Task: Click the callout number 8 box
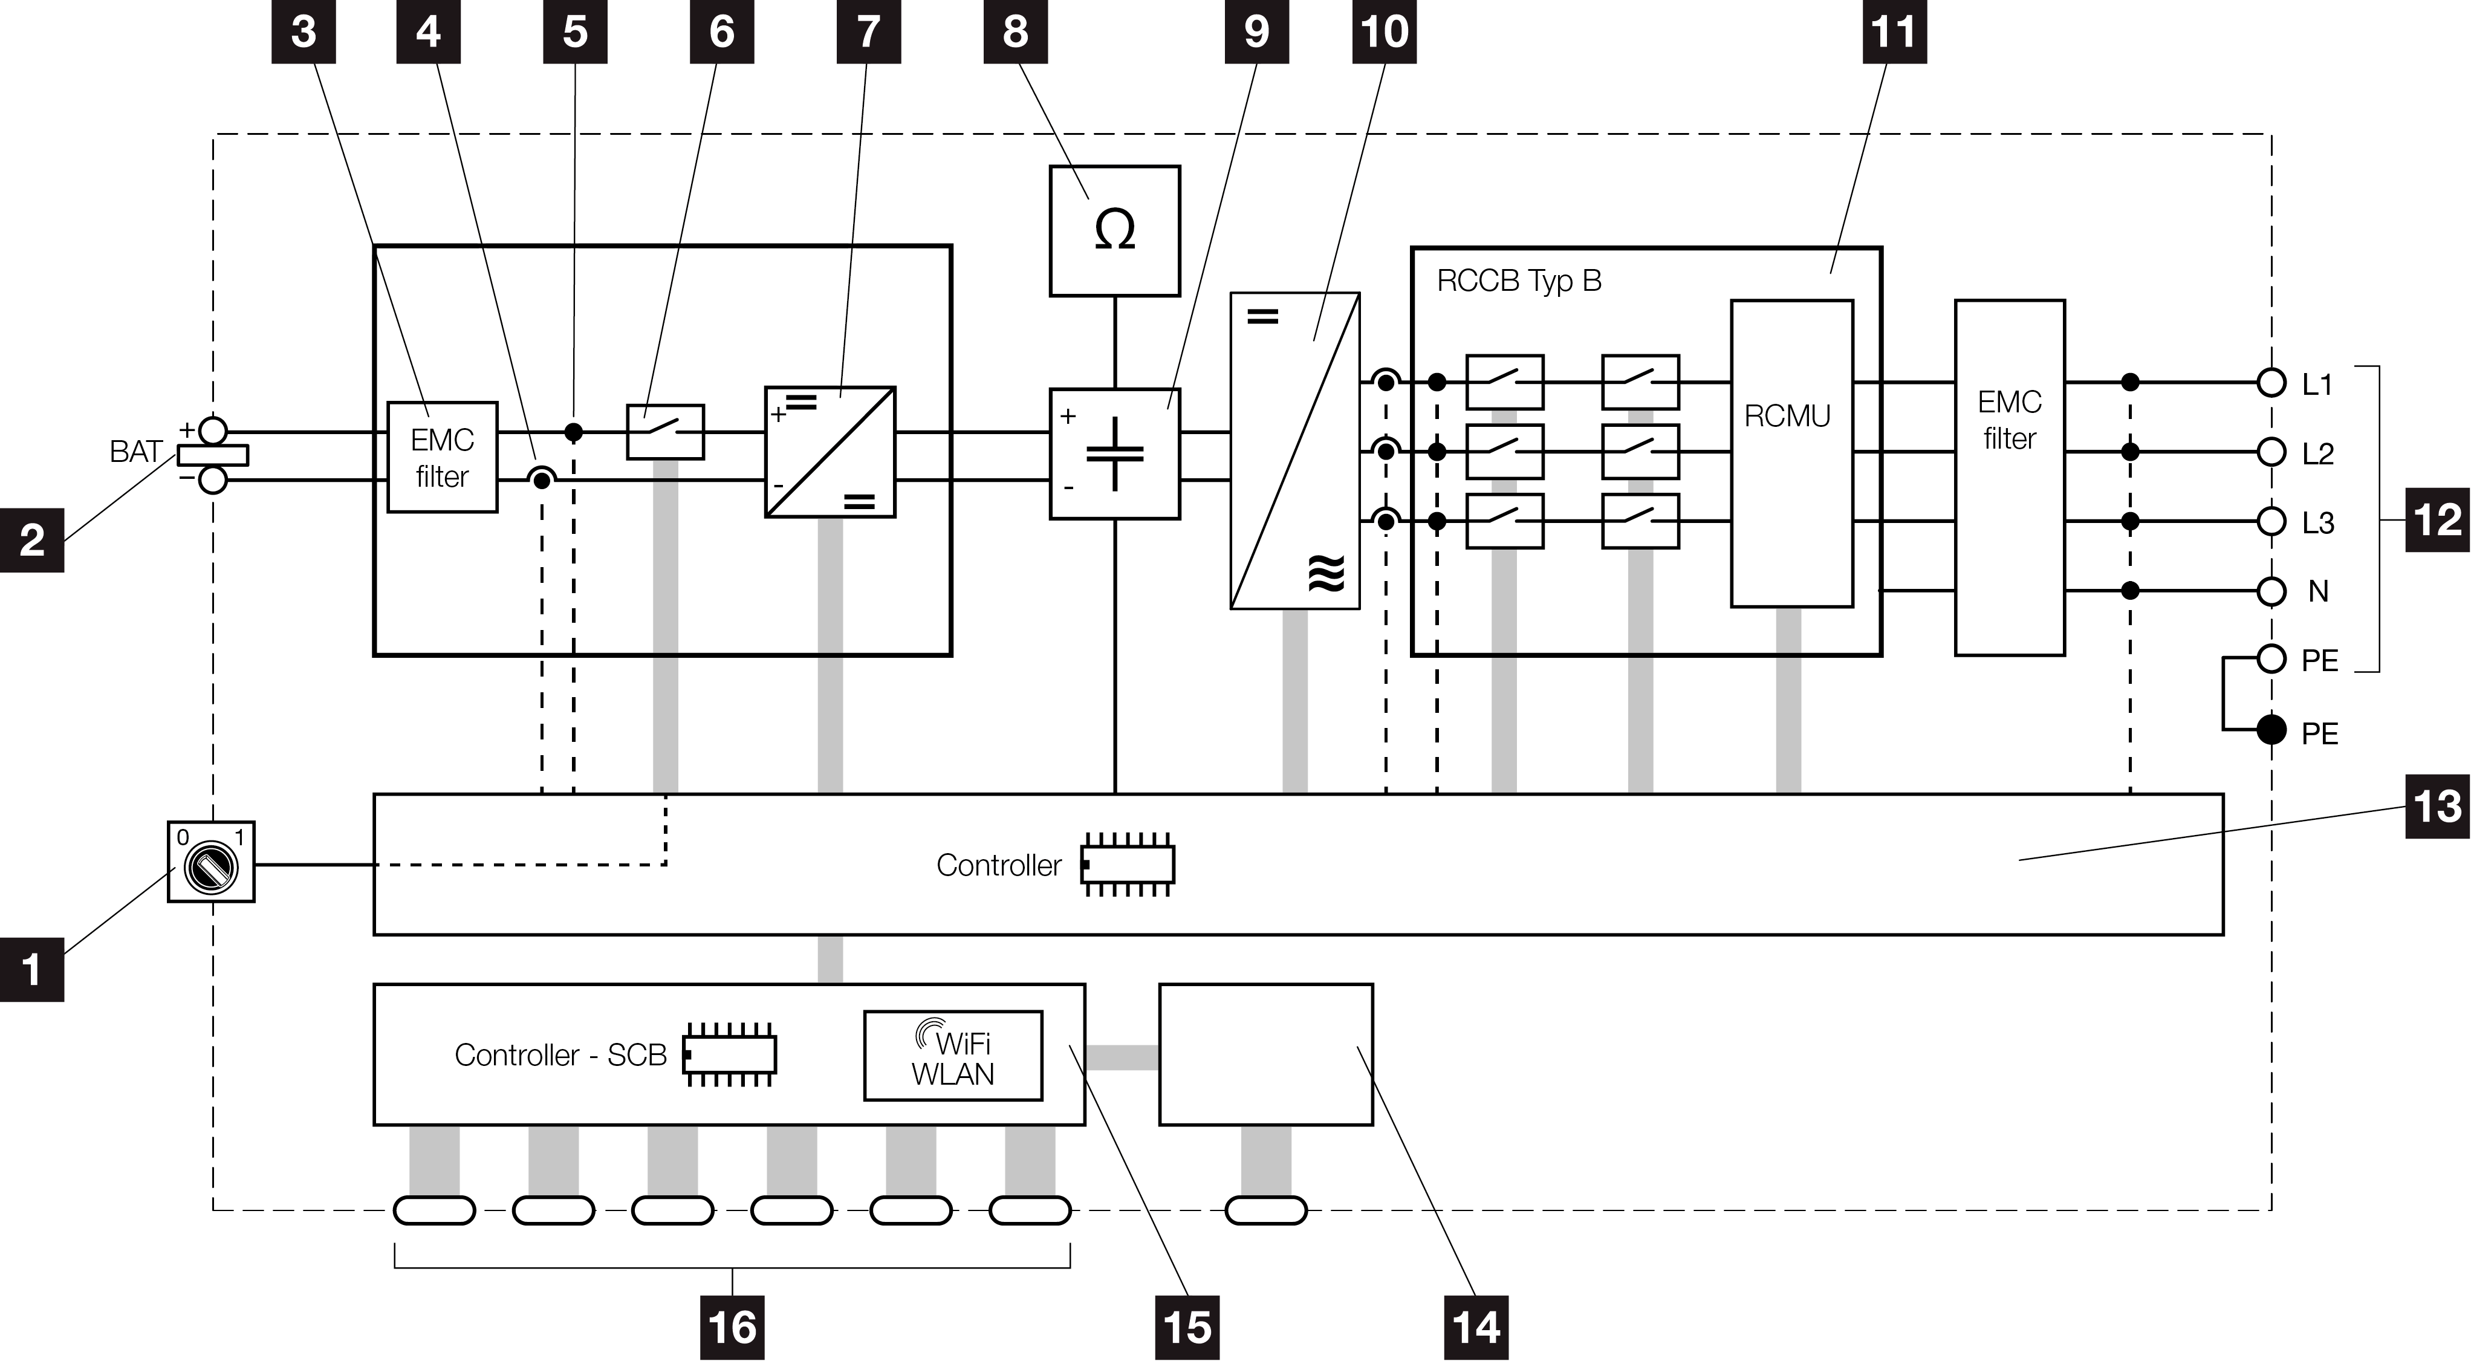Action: coord(1015,31)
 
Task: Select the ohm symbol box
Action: coord(1115,231)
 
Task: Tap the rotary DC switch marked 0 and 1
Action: coord(211,862)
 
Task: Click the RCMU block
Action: coord(1791,453)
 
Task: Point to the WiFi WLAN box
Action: coord(952,1055)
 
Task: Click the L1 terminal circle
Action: coord(2270,383)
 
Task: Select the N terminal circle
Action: coord(2270,591)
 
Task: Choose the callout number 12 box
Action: coord(2437,520)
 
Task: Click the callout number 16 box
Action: coord(732,1327)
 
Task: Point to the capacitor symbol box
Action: coord(1115,453)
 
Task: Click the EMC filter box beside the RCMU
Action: coord(2010,478)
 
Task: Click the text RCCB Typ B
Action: coord(1519,282)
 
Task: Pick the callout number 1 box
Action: coord(31,970)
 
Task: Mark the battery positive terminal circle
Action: coord(212,430)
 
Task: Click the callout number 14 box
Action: coord(1475,1327)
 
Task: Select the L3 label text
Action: coord(2319,523)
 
